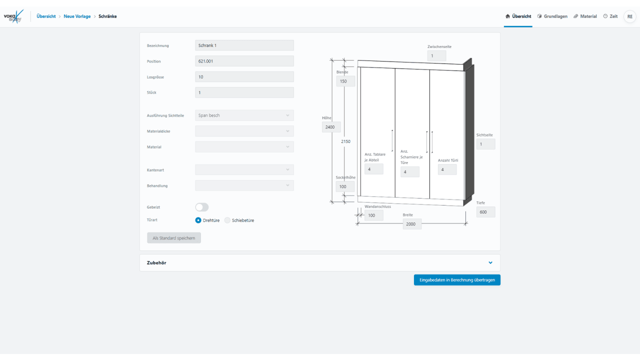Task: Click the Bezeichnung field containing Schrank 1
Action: pyautogui.click(x=244, y=45)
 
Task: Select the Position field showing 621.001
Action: pyautogui.click(x=244, y=61)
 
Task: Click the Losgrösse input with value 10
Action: pyautogui.click(x=244, y=77)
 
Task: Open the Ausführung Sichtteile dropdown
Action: pyautogui.click(x=244, y=115)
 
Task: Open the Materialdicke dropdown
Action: pyautogui.click(x=244, y=131)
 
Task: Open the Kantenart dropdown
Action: pyautogui.click(x=244, y=169)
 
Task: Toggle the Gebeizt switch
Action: pyautogui.click(x=202, y=207)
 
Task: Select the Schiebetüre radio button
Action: pyautogui.click(x=227, y=220)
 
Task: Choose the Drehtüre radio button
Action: pyautogui.click(x=198, y=220)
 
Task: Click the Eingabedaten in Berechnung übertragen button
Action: pyautogui.click(x=457, y=280)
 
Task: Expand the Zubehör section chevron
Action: pyautogui.click(x=490, y=262)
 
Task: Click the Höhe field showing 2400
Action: pyautogui.click(x=331, y=127)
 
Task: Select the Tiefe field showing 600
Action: pyautogui.click(x=485, y=212)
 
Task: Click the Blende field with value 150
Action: pyautogui.click(x=345, y=81)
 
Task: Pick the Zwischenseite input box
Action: pyautogui.click(x=437, y=56)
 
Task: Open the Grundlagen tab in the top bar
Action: pyautogui.click(x=552, y=16)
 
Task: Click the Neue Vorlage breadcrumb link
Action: pyautogui.click(x=77, y=16)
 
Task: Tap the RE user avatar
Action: pyautogui.click(x=630, y=16)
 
